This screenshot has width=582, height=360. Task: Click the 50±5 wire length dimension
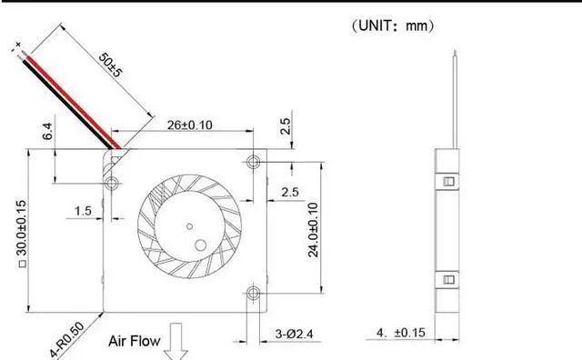tap(110, 65)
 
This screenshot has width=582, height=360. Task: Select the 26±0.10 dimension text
tap(190, 125)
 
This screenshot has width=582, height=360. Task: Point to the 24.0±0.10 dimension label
tap(313, 230)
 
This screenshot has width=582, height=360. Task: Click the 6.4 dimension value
tap(47, 132)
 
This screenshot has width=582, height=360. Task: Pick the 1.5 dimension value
tap(83, 211)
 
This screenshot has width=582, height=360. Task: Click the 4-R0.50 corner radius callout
tap(67, 340)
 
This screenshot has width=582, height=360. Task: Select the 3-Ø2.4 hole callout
tap(294, 334)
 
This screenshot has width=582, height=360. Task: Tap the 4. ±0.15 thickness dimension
tap(401, 333)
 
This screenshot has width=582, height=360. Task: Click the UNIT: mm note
tap(393, 25)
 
